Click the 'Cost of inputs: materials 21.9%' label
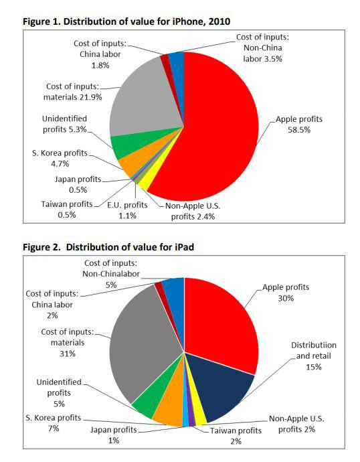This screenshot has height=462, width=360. [x=73, y=92]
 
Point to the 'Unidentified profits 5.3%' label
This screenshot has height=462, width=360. [x=64, y=124]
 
